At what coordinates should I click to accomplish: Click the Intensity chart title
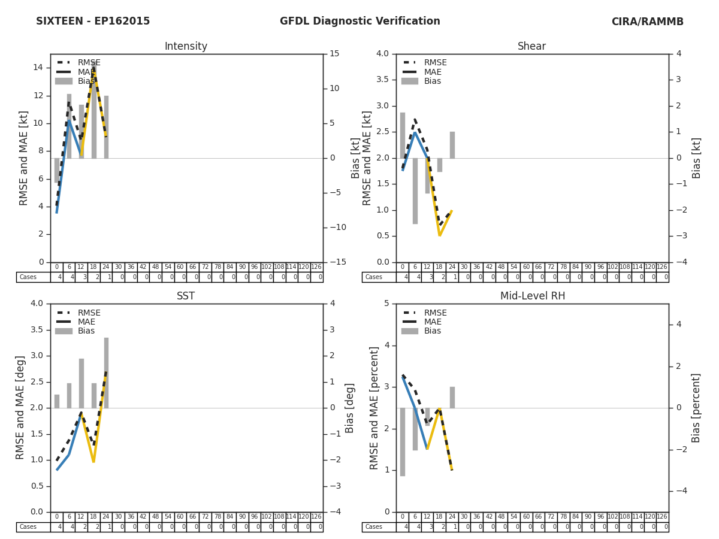(186, 47)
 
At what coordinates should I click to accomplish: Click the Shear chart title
(531, 47)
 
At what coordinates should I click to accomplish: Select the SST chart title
(186, 296)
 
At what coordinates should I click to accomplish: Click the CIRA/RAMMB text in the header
(647, 22)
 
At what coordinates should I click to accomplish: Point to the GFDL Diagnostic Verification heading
(359, 22)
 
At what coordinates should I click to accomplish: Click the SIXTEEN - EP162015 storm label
(93, 22)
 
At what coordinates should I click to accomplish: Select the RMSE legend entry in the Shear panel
(435, 63)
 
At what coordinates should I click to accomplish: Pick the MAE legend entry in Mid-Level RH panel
(433, 322)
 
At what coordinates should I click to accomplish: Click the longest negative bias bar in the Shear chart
(415, 190)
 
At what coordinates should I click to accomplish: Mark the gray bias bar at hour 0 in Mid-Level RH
(403, 442)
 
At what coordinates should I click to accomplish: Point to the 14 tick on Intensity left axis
(38, 68)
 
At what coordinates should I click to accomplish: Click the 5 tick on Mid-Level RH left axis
(386, 304)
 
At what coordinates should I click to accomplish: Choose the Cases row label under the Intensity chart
(28, 277)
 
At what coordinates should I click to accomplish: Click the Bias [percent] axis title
(696, 408)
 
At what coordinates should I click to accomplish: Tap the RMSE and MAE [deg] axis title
(21, 408)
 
